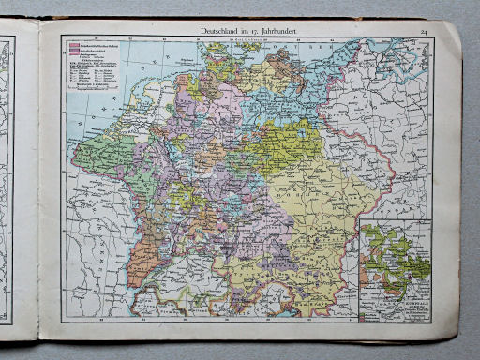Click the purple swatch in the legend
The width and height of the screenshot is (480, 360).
click(68, 52)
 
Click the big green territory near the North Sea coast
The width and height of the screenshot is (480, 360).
click(98, 150)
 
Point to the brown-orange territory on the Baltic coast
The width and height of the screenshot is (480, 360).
click(281, 66)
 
